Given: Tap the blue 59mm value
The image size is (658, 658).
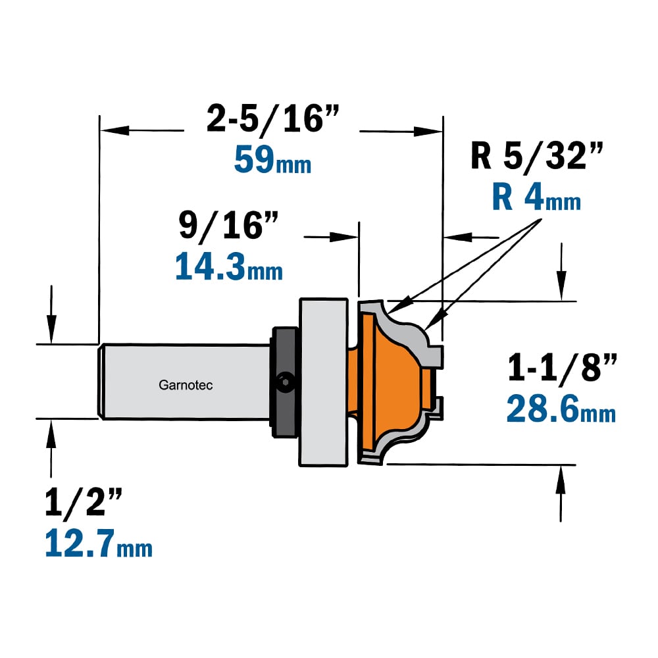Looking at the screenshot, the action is click(273, 159).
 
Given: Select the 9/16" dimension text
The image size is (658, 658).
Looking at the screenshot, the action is click(228, 226).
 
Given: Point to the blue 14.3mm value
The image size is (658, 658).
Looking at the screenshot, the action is click(229, 266).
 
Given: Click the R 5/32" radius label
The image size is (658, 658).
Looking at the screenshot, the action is click(537, 156).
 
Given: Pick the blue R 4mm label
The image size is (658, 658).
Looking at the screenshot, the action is click(536, 197).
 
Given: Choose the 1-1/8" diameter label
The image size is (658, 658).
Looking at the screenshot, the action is click(563, 368).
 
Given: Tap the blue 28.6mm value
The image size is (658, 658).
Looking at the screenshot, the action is click(561, 409).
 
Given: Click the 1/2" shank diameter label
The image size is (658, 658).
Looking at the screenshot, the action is click(83, 501).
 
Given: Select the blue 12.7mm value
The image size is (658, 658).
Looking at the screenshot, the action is click(99, 543).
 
